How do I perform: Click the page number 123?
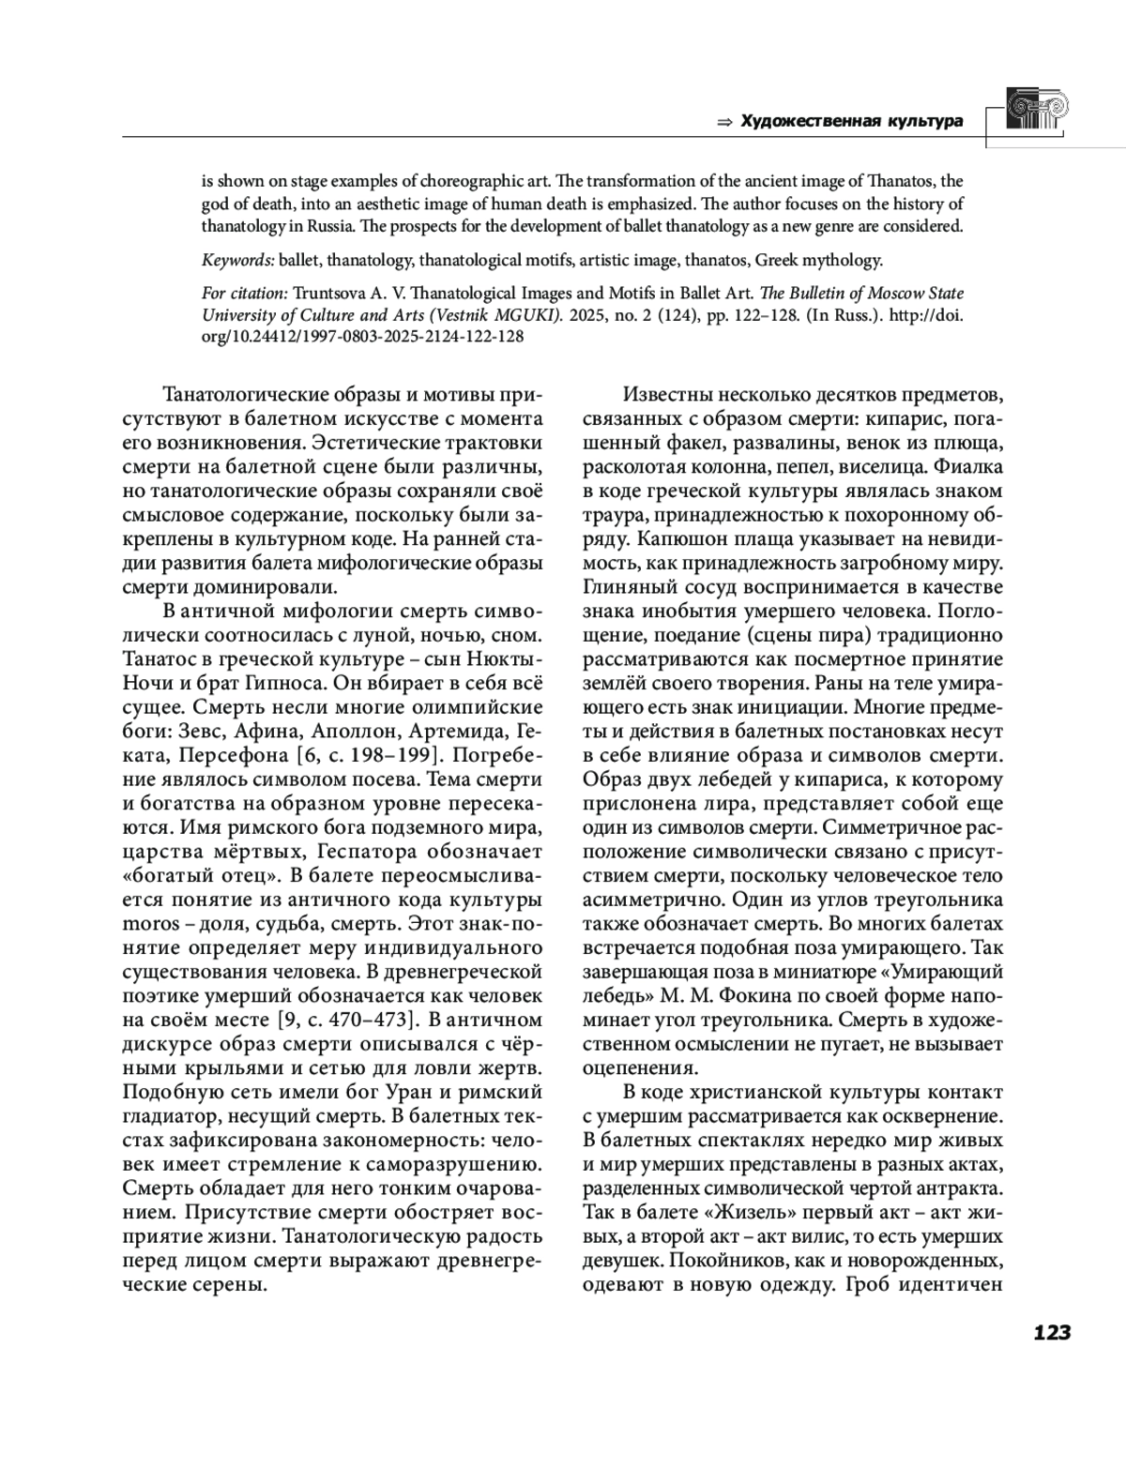click(1051, 1333)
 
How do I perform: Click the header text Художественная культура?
click(852, 121)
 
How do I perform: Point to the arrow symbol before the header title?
click(723, 122)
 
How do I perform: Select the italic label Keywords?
click(238, 260)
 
